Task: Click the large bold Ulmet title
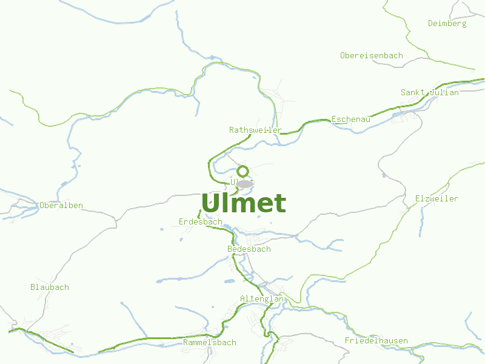[x=243, y=203]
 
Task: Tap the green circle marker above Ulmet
[x=243, y=171]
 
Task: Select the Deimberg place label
[x=447, y=24]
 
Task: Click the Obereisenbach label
[x=371, y=56]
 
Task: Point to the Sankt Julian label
[x=429, y=93]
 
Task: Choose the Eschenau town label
[x=351, y=120]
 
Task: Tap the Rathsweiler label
[x=255, y=130]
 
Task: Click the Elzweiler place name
[x=436, y=199]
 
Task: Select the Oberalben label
[x=61, y=206]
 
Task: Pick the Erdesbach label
[x=201, y=222]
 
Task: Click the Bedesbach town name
[x=249, y=249]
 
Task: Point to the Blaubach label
[x=50, y=288]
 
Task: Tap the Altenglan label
[x=262, y=299]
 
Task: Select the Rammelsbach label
[x=209, y=343]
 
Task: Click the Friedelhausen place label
[x=376, y=341]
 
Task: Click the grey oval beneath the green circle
[x=244, y=183]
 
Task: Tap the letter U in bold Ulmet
[x=210, y=203]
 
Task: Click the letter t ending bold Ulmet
[x=279, y=204]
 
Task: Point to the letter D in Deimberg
[x=430, y=24]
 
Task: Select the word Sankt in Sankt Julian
[x=412, y=93]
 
